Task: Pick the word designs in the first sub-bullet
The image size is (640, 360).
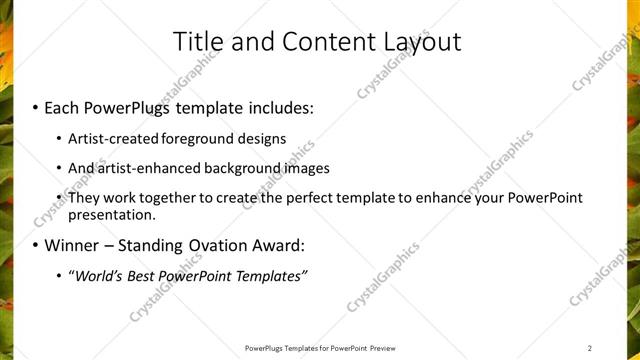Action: (x=264, y=138)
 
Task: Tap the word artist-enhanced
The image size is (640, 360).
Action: (x=147, y=168)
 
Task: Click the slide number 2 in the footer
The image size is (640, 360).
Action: (x=591, y=348)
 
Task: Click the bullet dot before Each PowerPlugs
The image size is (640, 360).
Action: (x=36, y=106)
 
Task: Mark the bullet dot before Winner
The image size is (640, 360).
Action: (x=36, y=245)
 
